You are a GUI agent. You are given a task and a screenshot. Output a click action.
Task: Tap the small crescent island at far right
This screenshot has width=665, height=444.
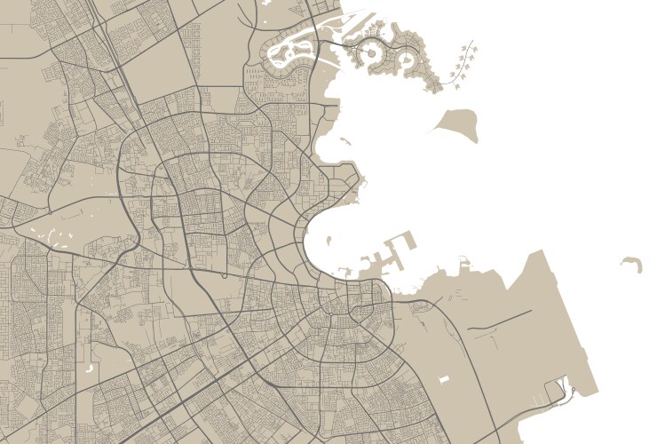pyautogui.click(x=632, y=263)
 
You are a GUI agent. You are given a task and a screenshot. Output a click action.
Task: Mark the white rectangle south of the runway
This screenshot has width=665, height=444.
pyautogui.click(x=445, y=379)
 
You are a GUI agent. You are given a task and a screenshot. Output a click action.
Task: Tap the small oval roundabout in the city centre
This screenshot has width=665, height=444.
pyautogui.click(x=224, y=275)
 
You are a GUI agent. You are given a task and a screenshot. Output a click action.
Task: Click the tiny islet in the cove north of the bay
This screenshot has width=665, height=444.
pyautogui.click(x=344, y=140)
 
